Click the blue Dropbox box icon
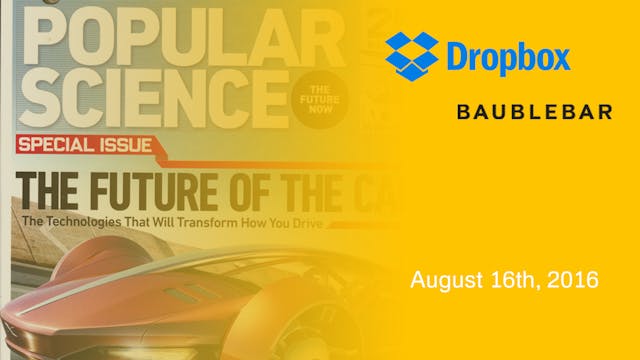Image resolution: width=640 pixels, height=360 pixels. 410,56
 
